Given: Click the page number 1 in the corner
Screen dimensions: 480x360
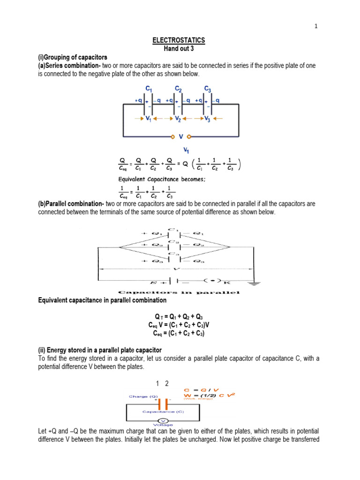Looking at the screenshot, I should [x=316, y=26].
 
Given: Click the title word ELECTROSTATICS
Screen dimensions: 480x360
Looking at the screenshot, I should [x=179, y=41].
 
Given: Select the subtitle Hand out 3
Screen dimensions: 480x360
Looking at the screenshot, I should [x=179, y=49].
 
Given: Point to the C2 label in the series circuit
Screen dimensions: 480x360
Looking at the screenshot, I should [x=179, y=88].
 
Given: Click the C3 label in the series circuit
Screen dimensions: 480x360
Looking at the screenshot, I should [x=208, y=88].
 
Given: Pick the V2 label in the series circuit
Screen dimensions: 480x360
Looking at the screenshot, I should [x=178, y=119].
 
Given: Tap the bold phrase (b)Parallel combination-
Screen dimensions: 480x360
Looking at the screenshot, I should [x=71, y=204].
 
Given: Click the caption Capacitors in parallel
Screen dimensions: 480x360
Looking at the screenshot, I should [x=179, y=292].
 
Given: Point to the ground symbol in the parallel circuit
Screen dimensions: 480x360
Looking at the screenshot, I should [x=254, y=283].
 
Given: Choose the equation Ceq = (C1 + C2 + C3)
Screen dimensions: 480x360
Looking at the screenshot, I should [x=179, y=333].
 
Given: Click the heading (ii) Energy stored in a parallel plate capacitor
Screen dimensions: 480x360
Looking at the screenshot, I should [x=100, y=350].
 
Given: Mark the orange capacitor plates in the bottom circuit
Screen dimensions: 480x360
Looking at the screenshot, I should [x=163, y=404].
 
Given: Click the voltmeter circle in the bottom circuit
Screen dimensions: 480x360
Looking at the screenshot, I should [x=162, y=420].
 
